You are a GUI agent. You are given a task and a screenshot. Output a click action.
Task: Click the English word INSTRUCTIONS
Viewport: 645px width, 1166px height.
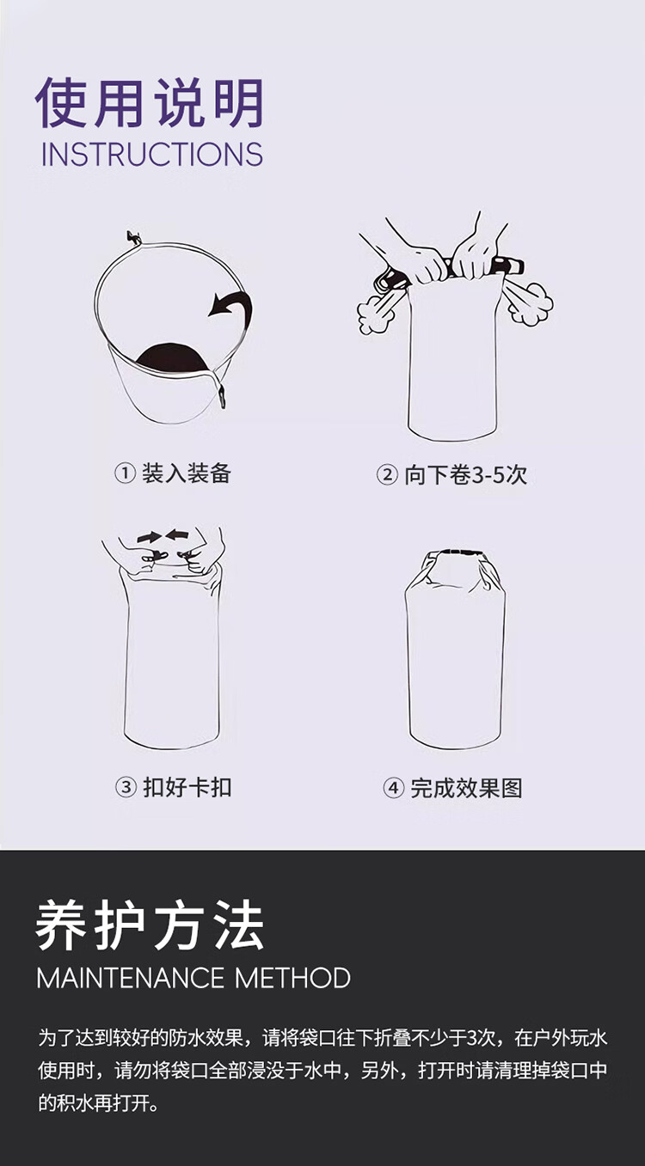(x=152, y=154)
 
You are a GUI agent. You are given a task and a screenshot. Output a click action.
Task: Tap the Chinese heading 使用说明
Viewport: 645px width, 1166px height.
(x=150, y=102)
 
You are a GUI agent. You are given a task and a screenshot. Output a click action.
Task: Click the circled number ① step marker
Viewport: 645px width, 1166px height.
(x=125, y=473)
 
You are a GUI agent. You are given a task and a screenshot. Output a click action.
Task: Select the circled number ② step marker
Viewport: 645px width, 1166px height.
(x=387, y=474)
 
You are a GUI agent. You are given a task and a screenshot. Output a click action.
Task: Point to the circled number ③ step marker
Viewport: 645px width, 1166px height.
(x=126, y=787)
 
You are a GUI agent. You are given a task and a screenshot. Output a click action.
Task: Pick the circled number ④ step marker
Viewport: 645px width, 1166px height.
(x=393, y=788)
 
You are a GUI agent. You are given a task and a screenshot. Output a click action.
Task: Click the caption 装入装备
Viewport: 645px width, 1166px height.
(x=186, y=473)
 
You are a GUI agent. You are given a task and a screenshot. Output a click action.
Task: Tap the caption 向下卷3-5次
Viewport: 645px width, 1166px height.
(x=466, y=474)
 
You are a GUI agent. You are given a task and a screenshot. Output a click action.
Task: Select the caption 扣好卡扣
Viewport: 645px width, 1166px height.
(x=187, y=787)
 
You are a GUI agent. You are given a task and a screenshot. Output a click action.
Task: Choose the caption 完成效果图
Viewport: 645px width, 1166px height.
(x=466, y=788)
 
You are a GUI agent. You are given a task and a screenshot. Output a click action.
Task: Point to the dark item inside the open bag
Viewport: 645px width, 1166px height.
(x=172, y=358)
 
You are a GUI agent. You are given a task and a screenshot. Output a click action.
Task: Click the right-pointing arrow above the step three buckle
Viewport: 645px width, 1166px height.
(x=149, y=537)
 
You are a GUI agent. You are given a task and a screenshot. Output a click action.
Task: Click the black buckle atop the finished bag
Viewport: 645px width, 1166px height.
(x=459, y=552)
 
